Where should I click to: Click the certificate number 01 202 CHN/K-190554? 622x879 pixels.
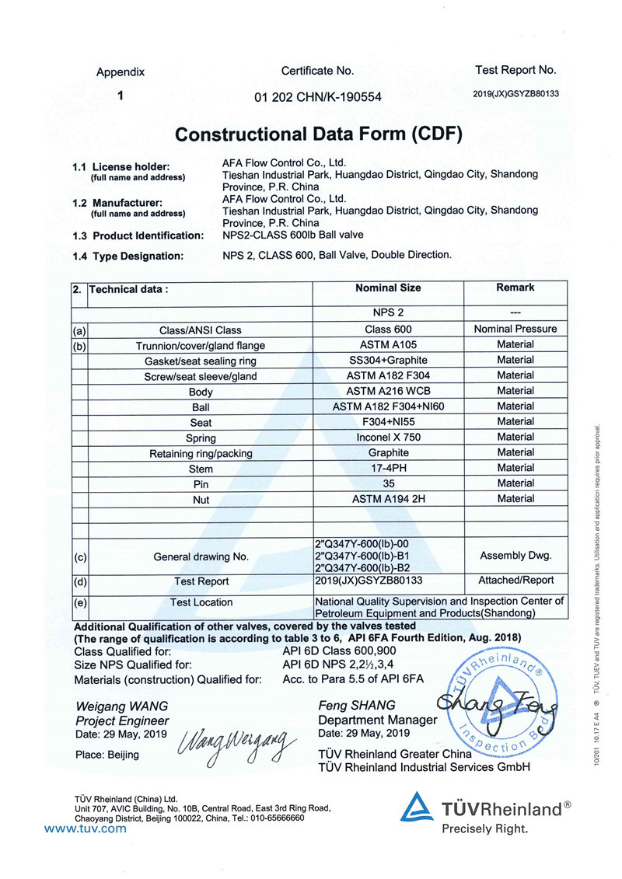click(318, 97)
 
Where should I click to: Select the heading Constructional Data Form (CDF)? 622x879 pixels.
click(319, 134)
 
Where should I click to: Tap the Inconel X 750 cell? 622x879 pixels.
click(388, 438)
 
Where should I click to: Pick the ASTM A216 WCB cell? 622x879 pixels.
click(388, 391)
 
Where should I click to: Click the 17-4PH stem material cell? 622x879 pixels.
click(388, 468)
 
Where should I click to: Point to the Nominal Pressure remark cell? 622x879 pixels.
click(515, 329)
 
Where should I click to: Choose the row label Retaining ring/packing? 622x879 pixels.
click(201, 453)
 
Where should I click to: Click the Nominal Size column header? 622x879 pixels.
click(388, 288)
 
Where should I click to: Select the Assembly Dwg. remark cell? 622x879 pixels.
click(515, 556)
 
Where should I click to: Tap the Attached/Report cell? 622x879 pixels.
click(515, 580)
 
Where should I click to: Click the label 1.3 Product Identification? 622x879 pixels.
click(138, 235)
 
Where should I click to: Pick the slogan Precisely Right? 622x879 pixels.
click(484, 828)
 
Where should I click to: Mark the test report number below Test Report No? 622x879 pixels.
click(515, 93)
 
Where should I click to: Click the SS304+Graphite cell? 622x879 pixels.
click(388, 360)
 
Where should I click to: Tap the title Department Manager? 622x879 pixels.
click(378, 720)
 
